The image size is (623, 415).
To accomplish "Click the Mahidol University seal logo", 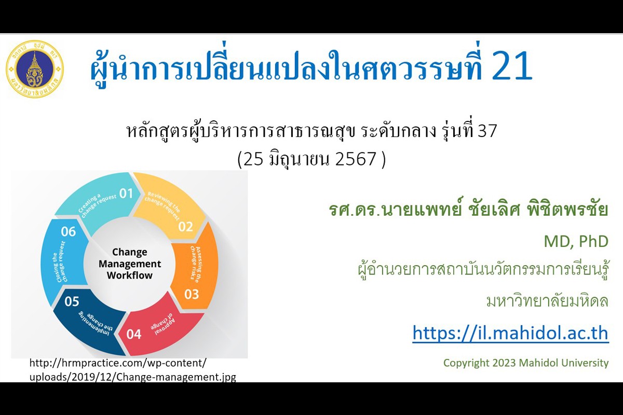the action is tap(35, 69).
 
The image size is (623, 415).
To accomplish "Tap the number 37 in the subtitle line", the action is tap(487, 131).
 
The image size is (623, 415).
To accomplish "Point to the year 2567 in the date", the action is tap(356, 159).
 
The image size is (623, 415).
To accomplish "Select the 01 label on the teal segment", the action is tap(126, 193).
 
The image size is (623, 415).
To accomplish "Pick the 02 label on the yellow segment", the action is tap(186, 227).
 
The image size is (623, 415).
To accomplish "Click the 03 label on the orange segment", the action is tap(192, 294).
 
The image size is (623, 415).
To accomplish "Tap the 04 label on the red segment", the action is tap(134, 334).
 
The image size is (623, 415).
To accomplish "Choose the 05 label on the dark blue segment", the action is tap(72, 301).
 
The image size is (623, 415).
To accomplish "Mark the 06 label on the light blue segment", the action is tap(68, 231).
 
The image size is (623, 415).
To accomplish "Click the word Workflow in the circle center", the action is tap(130, 275).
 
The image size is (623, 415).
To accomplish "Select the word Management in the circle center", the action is tap(130, 264).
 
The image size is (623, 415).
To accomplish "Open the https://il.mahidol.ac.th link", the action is tap(511, 333).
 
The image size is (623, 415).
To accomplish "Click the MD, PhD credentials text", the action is tap(576, 241).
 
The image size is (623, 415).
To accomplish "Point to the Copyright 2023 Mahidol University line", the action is tap(526, 363).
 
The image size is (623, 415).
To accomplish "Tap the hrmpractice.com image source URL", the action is tap(133, 370).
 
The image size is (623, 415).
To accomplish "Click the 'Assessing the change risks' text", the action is tap(196, 265).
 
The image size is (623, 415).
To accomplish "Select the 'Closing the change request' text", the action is tap(60, 261).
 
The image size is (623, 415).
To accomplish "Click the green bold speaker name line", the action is tap(469, 210).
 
